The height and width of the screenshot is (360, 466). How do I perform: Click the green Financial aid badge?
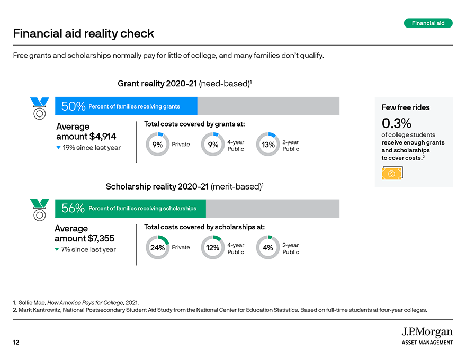[x=428, y=23]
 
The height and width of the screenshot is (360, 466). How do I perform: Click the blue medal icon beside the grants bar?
[x=40, y=109]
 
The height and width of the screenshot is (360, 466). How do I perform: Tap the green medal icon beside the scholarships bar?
[x=40, y=210]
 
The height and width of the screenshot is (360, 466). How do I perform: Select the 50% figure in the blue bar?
[x=73, y=106]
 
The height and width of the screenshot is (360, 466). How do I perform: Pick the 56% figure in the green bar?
[x=73, y=208]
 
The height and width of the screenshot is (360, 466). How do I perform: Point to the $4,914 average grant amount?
[x=103, y=137]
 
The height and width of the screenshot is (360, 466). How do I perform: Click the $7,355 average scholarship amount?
[x=101, y=239]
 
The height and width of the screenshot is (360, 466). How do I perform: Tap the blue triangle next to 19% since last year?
[x=59, y=147]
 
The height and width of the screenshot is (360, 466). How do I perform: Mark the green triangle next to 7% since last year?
[x=57, y=249]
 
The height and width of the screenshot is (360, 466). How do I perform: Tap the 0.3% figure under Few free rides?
[x=397, y=123]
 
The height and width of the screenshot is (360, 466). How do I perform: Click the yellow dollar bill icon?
[x=392, y=173]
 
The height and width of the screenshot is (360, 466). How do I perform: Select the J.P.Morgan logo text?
[x=427, y=332]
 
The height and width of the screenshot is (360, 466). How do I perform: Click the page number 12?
[x=16, y=342]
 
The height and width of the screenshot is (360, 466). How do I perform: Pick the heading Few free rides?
[x=406, y=107]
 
